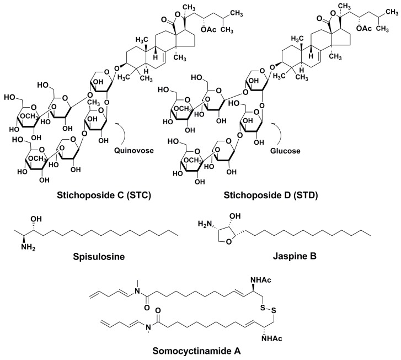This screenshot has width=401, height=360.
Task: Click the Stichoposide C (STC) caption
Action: (104, 195)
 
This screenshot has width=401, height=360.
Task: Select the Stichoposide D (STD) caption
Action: (271, 195)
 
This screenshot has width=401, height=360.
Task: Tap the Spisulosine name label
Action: (99, 256)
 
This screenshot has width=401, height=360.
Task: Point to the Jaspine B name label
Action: (295, 256)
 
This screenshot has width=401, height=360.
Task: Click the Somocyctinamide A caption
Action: (196, 351)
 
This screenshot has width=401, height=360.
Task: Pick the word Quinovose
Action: (134, 150)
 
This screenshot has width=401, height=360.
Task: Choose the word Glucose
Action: (285, 151)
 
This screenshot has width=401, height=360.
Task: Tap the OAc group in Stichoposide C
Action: (208, 29)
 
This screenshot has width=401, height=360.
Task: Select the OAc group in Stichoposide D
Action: (364, 28)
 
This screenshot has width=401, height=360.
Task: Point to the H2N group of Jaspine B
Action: (205, 224)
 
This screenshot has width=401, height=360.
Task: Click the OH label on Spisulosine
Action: (36, 219)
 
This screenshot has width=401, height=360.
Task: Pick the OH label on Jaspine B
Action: (235, 216)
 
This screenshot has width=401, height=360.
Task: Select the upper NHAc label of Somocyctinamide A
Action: (261, 280)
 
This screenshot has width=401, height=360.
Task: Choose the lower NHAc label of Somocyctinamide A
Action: (272, 338)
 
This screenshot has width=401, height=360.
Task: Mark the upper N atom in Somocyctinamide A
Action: (137, 291)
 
